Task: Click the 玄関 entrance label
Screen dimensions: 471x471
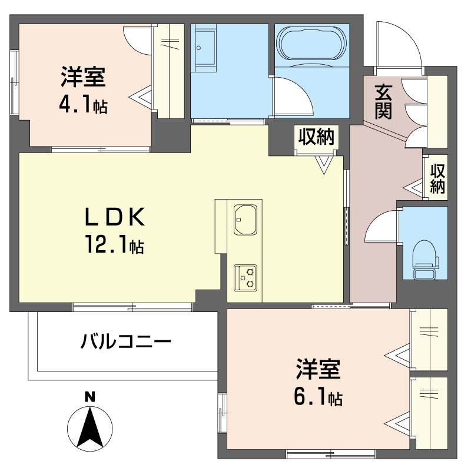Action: [x=383, y=102]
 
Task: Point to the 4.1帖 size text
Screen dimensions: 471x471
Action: [x=82, y=105]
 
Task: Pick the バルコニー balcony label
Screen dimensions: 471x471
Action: [x=126, y=341]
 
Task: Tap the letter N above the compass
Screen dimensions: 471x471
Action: [x=89, y=396]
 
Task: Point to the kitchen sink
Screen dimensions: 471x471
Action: [x=244, y=220]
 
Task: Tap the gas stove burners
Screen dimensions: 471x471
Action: [x=246, y=277]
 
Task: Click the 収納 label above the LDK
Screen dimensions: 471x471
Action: [x=316, y=137]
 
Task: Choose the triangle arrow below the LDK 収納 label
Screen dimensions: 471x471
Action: [x=323, y=164]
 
